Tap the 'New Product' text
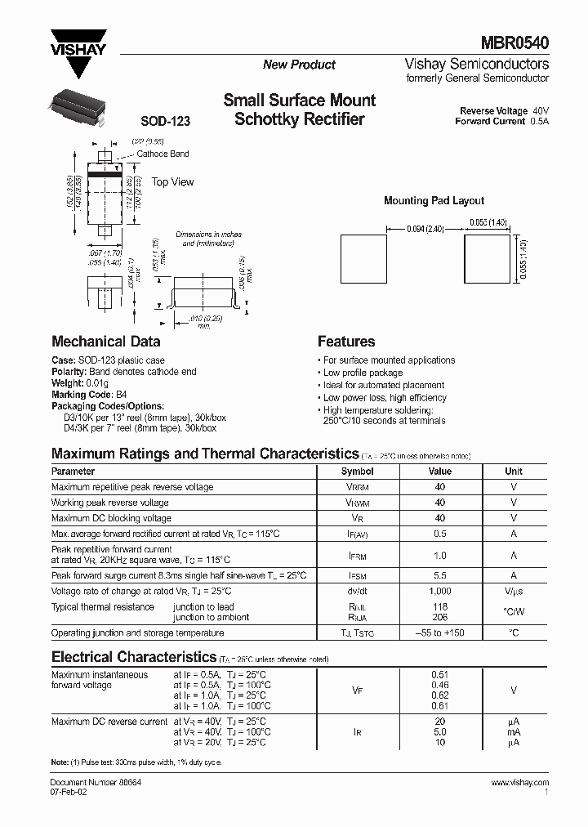tap(299, 65)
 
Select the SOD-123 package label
tap(165, 121)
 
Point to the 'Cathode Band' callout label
tap(163, 154)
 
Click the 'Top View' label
tap(172, 182)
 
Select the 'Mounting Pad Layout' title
tap(434, 200)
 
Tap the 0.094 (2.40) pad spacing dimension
tap(425, 230)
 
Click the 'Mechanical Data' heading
tap(105, 342)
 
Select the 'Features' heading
tap(346, 342)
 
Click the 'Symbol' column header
tap(357, 472)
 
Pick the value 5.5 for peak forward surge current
tap(439, 575)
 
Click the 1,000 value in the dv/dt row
tap(439, 591)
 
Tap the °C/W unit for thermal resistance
tap(513, 612)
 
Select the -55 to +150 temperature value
tap(439, 633)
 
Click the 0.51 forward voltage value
tap(439, 675)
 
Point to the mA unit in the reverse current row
tap(513, 732)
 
